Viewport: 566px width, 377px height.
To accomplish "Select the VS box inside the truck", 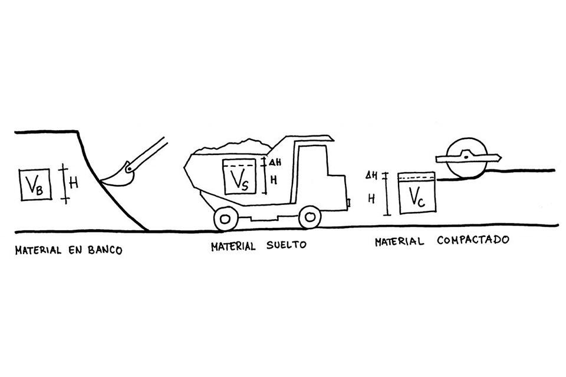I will pos(238,177).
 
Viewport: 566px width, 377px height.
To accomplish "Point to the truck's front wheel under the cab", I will pos(309,217).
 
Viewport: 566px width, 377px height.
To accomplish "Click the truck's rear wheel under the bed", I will pos(225,219).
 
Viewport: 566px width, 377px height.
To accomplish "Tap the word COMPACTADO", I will pos(473,241).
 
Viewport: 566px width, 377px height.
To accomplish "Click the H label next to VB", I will pos(74,183).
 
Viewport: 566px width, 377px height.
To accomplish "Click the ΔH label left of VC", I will pos(371,176).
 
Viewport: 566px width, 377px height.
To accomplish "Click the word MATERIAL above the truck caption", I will pos(232,246).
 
